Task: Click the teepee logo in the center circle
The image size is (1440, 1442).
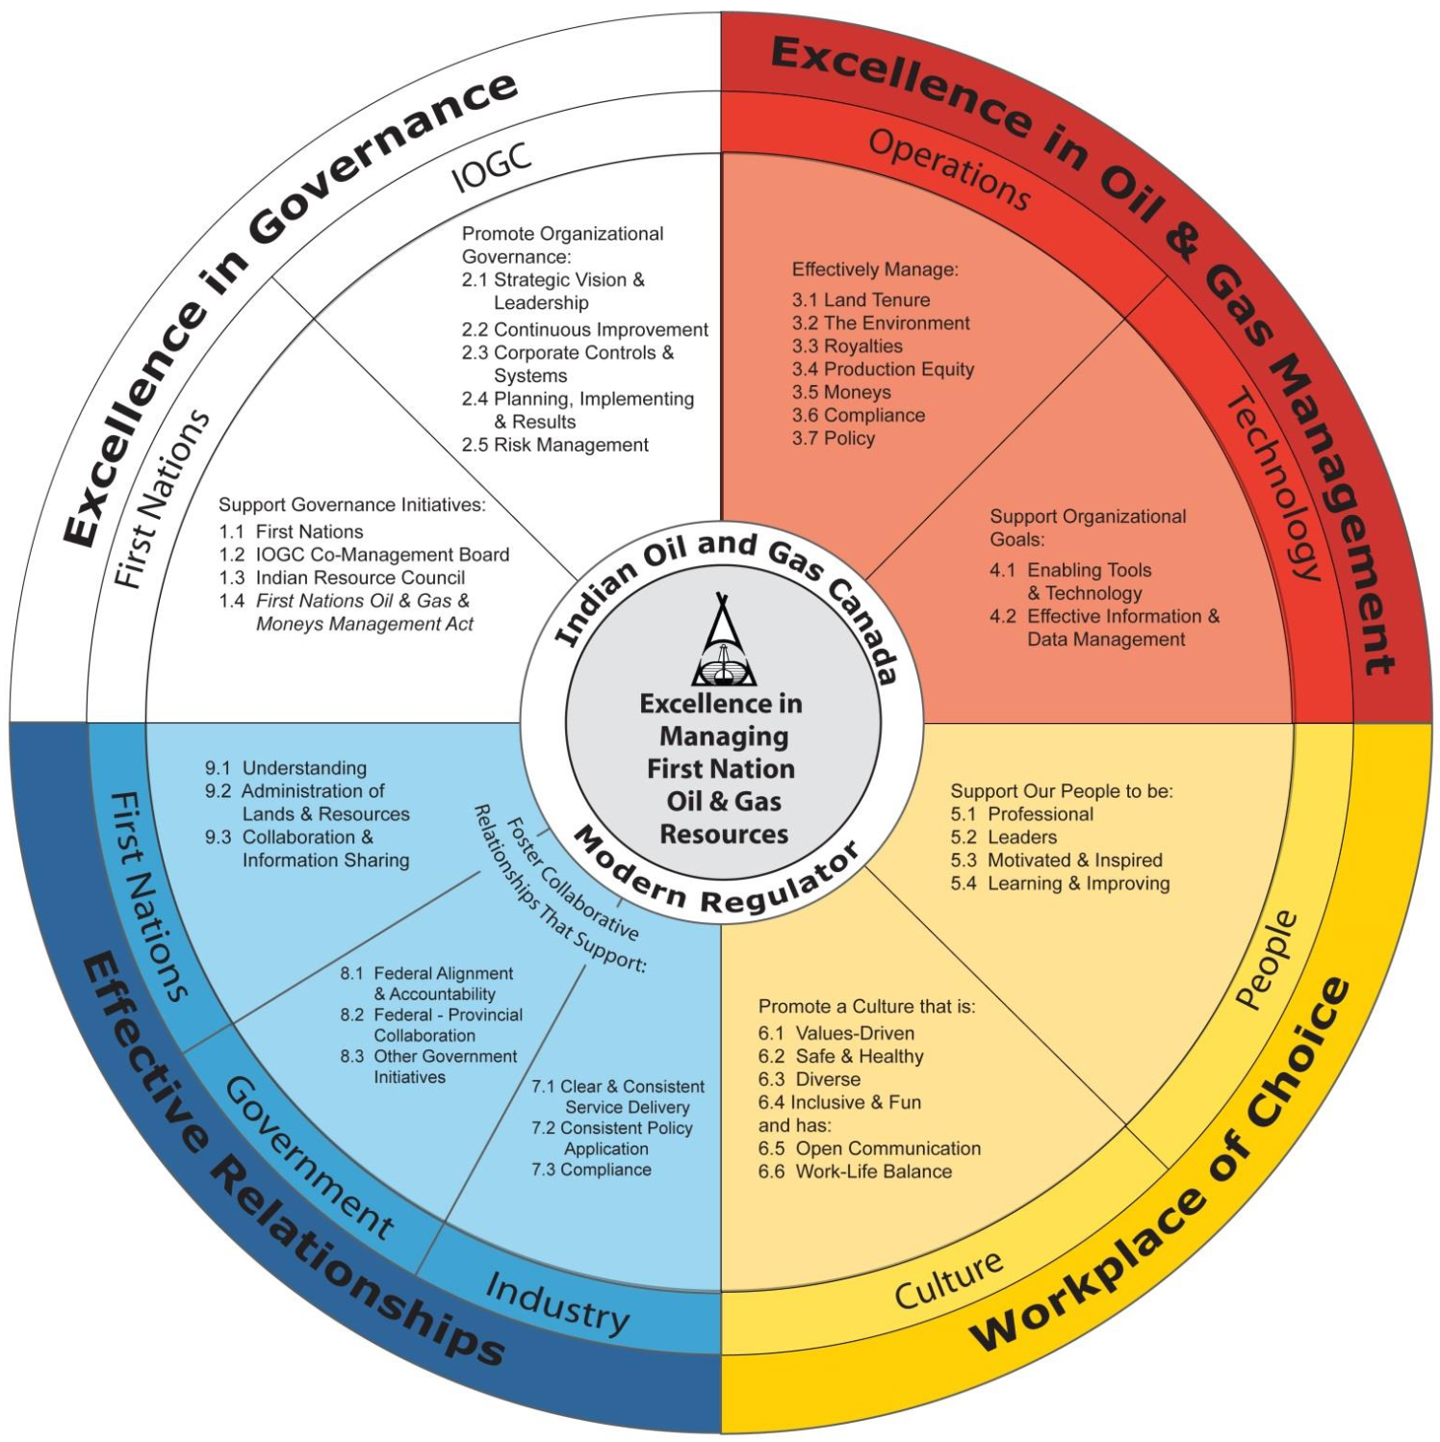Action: point(723,641)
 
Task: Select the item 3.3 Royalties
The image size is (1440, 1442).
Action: point(847,347)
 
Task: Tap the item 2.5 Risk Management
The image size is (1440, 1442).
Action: point(555,445)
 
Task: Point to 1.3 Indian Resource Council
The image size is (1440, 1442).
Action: point(343,578)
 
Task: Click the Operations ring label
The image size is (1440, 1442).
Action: point(949,169)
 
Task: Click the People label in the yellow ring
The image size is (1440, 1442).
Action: point(1267,960)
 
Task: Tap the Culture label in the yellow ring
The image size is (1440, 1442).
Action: point(948,1279)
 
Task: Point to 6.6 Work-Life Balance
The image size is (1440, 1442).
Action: point(855,1172)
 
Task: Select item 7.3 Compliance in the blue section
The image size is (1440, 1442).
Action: point(591,1170)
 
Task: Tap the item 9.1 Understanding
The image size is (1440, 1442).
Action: point(286,768)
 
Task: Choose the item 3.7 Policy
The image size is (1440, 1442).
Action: point(834,439)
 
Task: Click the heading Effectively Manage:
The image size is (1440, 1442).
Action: point(875,270)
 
